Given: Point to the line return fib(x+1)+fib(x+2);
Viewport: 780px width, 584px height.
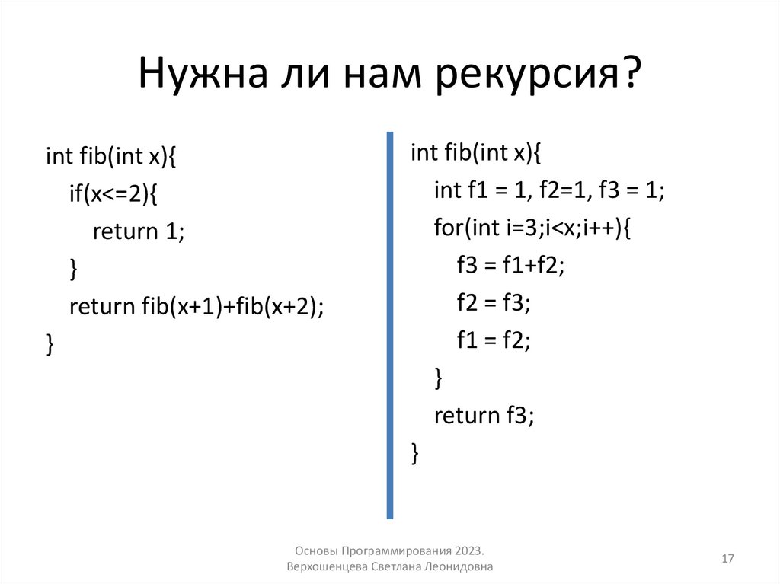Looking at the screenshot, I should click(x=197, y=306).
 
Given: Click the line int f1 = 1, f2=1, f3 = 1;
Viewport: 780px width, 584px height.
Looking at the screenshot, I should click(x=549, y=190).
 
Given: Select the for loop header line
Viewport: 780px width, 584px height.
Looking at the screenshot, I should click(x=532, y=228).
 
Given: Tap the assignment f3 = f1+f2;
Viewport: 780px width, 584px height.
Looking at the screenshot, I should click(x=510, y=265).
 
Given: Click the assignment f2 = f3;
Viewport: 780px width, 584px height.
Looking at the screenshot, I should click(x=493, y=302).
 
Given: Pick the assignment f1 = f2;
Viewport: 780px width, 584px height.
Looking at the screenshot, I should click(x=493, y=340).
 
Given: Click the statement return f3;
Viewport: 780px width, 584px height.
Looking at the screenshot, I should click(x=484, y=415).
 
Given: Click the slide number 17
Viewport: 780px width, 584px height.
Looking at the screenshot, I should click(x=727, y=559).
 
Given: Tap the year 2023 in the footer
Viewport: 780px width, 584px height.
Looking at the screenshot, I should click(x=469, y=550).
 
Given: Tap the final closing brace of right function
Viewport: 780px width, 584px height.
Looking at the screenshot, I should click(x=415, y=452).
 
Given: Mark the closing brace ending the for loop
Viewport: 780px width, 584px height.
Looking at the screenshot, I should click(x=438, y=378).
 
